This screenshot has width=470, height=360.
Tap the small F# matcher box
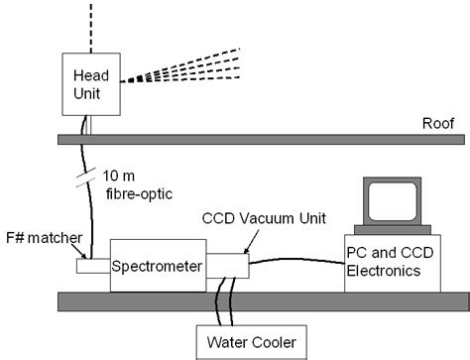coord(91,266)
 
